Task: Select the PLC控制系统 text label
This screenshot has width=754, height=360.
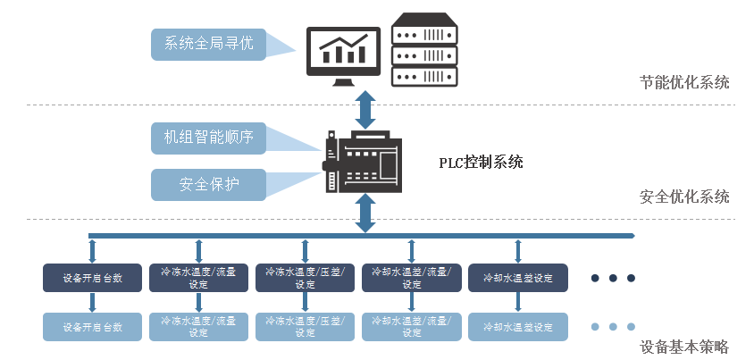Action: click(481, 163)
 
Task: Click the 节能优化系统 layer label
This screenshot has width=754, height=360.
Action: click(684, 83)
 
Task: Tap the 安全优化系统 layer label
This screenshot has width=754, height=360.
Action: click(684, 197)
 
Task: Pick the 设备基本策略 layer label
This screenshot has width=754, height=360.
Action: click(684, 347)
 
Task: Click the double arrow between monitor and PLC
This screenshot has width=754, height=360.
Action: click(364, 108)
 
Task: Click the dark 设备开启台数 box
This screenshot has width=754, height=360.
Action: click(93, 278)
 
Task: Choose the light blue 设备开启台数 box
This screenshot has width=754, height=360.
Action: click(93, 327)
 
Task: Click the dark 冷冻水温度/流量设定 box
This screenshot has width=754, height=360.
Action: click(198, 278)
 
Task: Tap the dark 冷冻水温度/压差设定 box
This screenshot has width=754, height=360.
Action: click(305, 278)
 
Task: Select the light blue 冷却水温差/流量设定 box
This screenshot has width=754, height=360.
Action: click(411, 327)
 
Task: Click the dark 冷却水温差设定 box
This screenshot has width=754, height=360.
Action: click(517, 278)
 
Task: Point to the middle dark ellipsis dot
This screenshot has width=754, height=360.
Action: click(613, 278)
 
